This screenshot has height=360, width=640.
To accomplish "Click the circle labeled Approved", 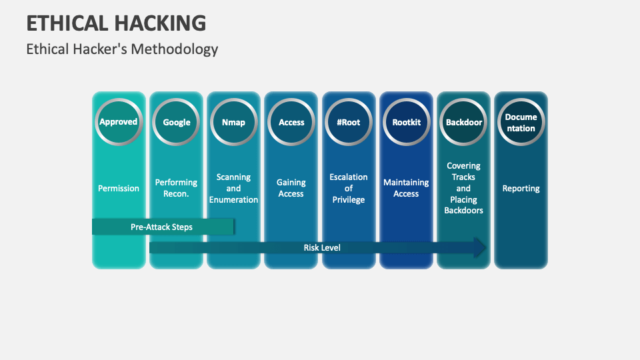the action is pos(119,121).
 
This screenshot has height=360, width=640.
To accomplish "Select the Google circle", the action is pos(176,121).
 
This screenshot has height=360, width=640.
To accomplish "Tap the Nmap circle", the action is pos(233,121).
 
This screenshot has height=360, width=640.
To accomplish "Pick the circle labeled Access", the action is pos(291,121).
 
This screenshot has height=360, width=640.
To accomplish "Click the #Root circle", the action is pos(349,121).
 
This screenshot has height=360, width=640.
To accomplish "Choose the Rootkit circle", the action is pos(406,121).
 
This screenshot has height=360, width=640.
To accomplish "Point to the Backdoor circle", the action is pos(463,121).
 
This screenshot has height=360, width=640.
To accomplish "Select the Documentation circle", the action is pos(521,121).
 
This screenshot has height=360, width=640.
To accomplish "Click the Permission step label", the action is pos(119,188).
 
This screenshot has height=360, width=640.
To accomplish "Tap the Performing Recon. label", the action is pos(176,188).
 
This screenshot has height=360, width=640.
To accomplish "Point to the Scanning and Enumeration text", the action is pos(233,188).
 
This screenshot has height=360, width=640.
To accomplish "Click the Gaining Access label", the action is pos(291,188).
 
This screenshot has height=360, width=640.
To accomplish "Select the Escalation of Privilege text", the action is pos(349,188).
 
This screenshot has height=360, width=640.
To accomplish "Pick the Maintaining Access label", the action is pos(406,188).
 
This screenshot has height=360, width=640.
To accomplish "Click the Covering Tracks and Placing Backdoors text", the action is pos(463,188).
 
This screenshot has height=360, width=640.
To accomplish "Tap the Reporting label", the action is pos(521,188).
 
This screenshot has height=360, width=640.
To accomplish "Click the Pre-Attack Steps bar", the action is pos(163,227).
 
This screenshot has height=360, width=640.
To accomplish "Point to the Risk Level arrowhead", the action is pos(479,247).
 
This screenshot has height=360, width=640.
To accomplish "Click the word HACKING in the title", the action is pos(161,23).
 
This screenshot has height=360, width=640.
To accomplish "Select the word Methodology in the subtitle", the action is pos(174,49).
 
